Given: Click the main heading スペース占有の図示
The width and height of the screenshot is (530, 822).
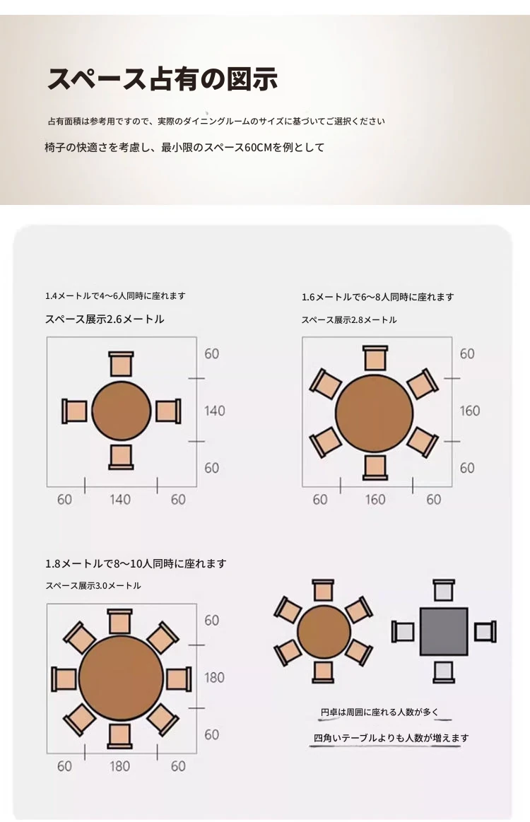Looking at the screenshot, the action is coord(162,79).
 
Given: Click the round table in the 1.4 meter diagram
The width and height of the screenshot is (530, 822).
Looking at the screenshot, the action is coord(121,411).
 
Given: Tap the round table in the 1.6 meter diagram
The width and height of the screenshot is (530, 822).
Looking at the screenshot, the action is coord(375,413).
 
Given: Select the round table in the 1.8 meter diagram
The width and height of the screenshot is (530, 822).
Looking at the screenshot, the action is coord(121,678).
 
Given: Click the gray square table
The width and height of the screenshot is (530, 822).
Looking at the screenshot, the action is coord(444,632).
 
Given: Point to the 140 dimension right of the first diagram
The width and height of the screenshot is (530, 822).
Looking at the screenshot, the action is coord(214,411).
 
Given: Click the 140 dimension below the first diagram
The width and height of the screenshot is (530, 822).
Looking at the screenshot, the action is coord(120,500).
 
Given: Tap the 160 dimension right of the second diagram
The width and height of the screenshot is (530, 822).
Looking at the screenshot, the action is coord(470,411).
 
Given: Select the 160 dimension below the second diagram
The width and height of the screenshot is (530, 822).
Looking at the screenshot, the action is coord(375,500).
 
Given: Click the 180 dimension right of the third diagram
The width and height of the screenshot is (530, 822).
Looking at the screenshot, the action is coord(214,677).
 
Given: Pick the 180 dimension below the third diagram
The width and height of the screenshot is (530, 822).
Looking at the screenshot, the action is coord(119,766).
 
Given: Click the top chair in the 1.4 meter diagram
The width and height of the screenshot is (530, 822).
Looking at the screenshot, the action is coord(121,364).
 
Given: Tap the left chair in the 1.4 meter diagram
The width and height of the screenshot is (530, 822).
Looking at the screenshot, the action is coord(74,411).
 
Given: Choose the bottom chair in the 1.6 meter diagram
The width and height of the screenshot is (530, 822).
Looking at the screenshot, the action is coord(375,468).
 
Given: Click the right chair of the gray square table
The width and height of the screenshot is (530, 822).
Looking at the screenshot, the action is coord(485,632).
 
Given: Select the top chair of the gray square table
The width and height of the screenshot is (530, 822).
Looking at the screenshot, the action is coord(444,590).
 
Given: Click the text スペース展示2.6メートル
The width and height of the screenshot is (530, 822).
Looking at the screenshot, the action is coord(105,319).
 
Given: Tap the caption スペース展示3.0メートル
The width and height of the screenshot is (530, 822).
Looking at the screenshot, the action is coord(93,585).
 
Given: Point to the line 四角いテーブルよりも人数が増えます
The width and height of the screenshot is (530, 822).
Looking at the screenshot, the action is coord(391,738).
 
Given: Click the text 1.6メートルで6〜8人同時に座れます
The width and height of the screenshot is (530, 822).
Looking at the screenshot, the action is coord(377,298).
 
